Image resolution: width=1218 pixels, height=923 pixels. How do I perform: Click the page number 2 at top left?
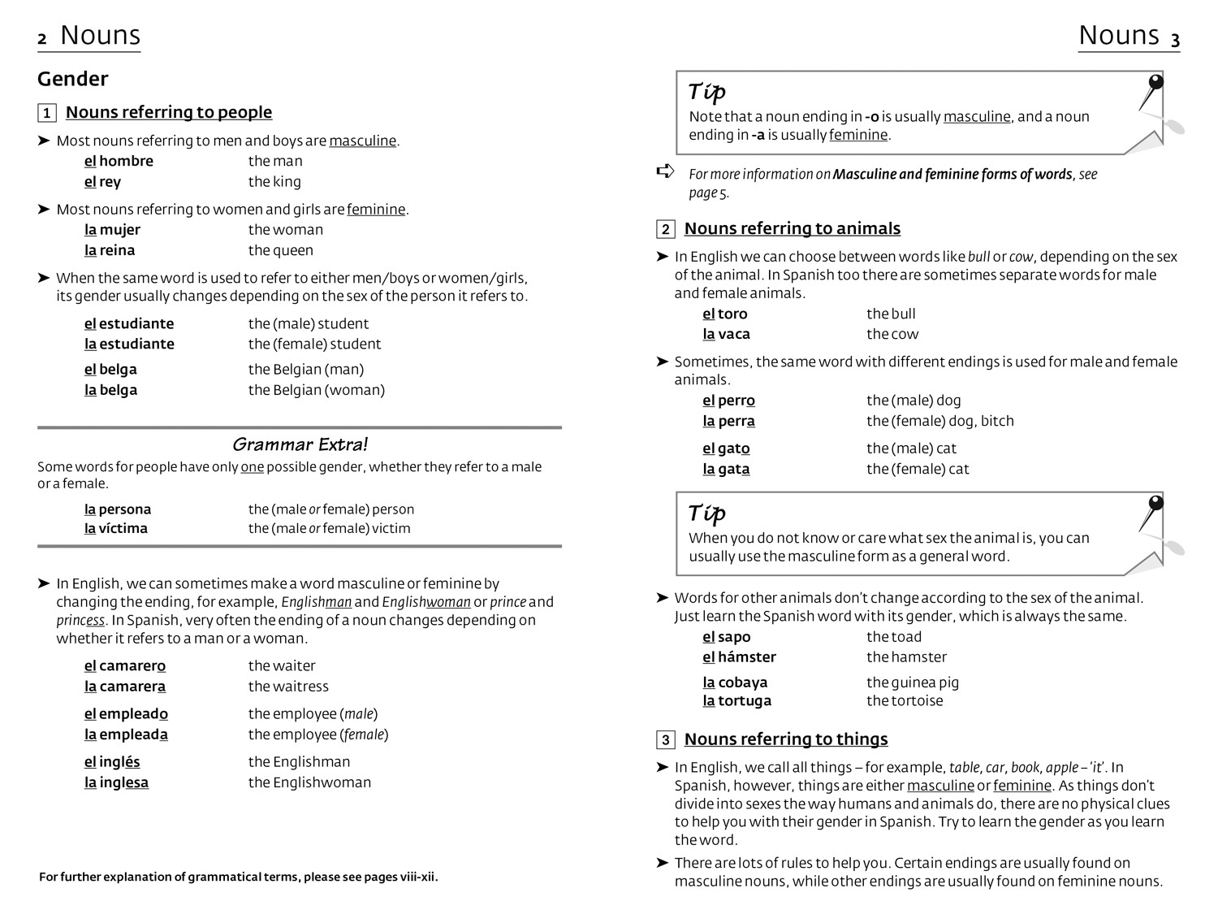coord(42,39)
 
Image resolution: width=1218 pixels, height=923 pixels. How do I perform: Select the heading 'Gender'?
coord(72,79)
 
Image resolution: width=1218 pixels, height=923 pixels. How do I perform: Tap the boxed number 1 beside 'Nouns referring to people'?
coord(47,113)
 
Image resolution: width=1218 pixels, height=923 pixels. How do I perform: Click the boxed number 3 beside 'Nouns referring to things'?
coord(666,739)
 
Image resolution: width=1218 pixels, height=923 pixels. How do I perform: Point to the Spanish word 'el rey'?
coord(102,182)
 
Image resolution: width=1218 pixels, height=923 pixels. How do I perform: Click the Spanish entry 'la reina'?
coord(110,250)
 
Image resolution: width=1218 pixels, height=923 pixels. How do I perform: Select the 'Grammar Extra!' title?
coord(300,444)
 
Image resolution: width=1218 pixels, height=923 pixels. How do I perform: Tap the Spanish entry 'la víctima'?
coord(116,528)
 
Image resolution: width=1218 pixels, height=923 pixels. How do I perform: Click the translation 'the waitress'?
coord(288,687)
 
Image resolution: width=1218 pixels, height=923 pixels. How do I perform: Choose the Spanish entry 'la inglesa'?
coord(116,782)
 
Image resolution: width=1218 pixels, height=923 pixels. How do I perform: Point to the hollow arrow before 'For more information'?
coord(665,171)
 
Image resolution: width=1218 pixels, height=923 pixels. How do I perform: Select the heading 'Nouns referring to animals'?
coord(792,229)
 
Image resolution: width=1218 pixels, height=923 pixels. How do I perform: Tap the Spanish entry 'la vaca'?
coord(726,334)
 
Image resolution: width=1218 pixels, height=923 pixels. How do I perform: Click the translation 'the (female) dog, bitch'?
coord(939,421)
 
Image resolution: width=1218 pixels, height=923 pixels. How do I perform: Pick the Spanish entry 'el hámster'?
coord(739,656)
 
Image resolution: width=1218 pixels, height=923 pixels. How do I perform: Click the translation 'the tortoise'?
coord(905,700)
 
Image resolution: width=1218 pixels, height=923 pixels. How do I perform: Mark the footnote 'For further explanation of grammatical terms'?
coord(238,877)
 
